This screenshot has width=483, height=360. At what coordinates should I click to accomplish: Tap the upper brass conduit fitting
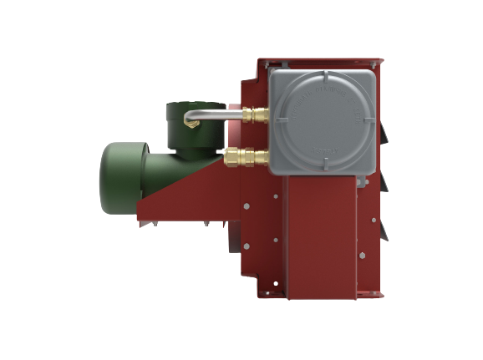pyautogui.click(x=253, y=115)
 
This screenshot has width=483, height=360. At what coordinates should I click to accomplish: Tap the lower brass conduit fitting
pyautogui.click(x=247, y=155)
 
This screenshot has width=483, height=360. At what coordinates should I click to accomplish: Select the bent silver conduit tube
pyautogui.click(x=209, y=115)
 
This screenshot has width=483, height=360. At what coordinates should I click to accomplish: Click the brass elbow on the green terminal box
pyautogui.click(x=194, y=123)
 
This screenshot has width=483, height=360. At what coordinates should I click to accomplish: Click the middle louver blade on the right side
pyautogui.click(x=383, y=180)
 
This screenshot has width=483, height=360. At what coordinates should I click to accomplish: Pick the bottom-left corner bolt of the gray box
pyautogui.click(x=277, y=170)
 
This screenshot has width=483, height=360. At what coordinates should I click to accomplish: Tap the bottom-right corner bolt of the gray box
pyautogui.click(x=374, y=170)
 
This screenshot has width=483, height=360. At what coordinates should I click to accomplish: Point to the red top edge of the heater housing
pyautogui.click(x=322, y=62)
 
